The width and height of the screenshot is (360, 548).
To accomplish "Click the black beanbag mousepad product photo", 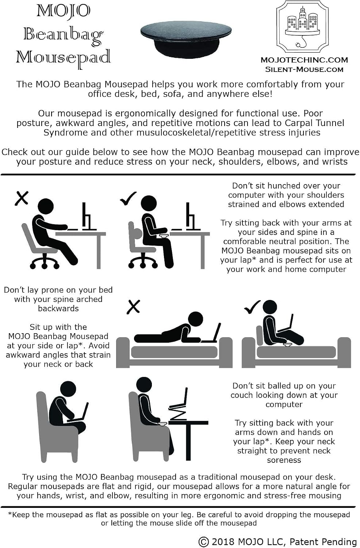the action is (x=186, y=39).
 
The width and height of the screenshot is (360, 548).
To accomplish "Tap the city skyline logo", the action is (x=304, y=27).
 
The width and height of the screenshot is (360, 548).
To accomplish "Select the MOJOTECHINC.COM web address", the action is (x=304, y=60).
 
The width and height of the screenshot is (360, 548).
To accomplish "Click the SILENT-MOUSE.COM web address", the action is (x=304, y=69).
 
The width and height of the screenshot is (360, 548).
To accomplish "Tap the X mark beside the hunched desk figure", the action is (x=22, y=198).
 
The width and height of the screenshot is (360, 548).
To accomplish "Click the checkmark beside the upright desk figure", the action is (x=128, y=198).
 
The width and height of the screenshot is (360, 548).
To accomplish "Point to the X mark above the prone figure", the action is (x=134, y=307).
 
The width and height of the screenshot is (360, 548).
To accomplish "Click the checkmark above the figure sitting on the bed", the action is (x=252, y=307).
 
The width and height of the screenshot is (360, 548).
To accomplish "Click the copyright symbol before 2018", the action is (x=203, y=542).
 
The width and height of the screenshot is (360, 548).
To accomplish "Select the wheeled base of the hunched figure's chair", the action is (x=44, y=263).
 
